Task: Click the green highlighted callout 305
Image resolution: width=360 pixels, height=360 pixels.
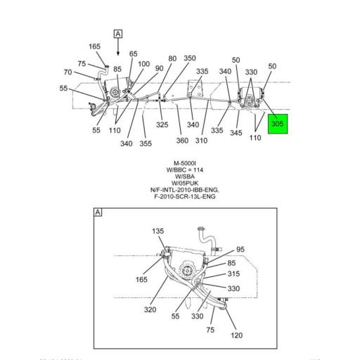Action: click(278, 124)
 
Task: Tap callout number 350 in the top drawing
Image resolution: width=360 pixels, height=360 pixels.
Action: click(190, 59)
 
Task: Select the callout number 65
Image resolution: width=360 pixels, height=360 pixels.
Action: click(134, 54)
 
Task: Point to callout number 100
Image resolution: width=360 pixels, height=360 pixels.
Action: click(143, 64)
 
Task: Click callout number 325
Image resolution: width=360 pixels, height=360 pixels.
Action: click(162, 125)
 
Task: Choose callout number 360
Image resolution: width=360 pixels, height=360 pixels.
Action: click(182, 141)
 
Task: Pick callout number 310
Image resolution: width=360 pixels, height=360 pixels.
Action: click(202, 141)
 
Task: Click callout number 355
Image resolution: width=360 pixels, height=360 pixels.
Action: click(146, 144)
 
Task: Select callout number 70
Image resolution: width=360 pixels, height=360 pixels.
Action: click(67, 72)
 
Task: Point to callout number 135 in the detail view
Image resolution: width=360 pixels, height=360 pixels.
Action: click(157, 231)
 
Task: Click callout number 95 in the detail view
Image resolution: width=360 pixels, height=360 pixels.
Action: click(240, 250)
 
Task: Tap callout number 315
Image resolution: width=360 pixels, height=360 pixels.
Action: click(233, 274)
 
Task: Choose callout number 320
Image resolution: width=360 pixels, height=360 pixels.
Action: click(150, 309)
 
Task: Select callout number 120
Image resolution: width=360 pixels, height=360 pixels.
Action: click(236, 335)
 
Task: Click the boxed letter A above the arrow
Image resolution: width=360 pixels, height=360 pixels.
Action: click(117, 34)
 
